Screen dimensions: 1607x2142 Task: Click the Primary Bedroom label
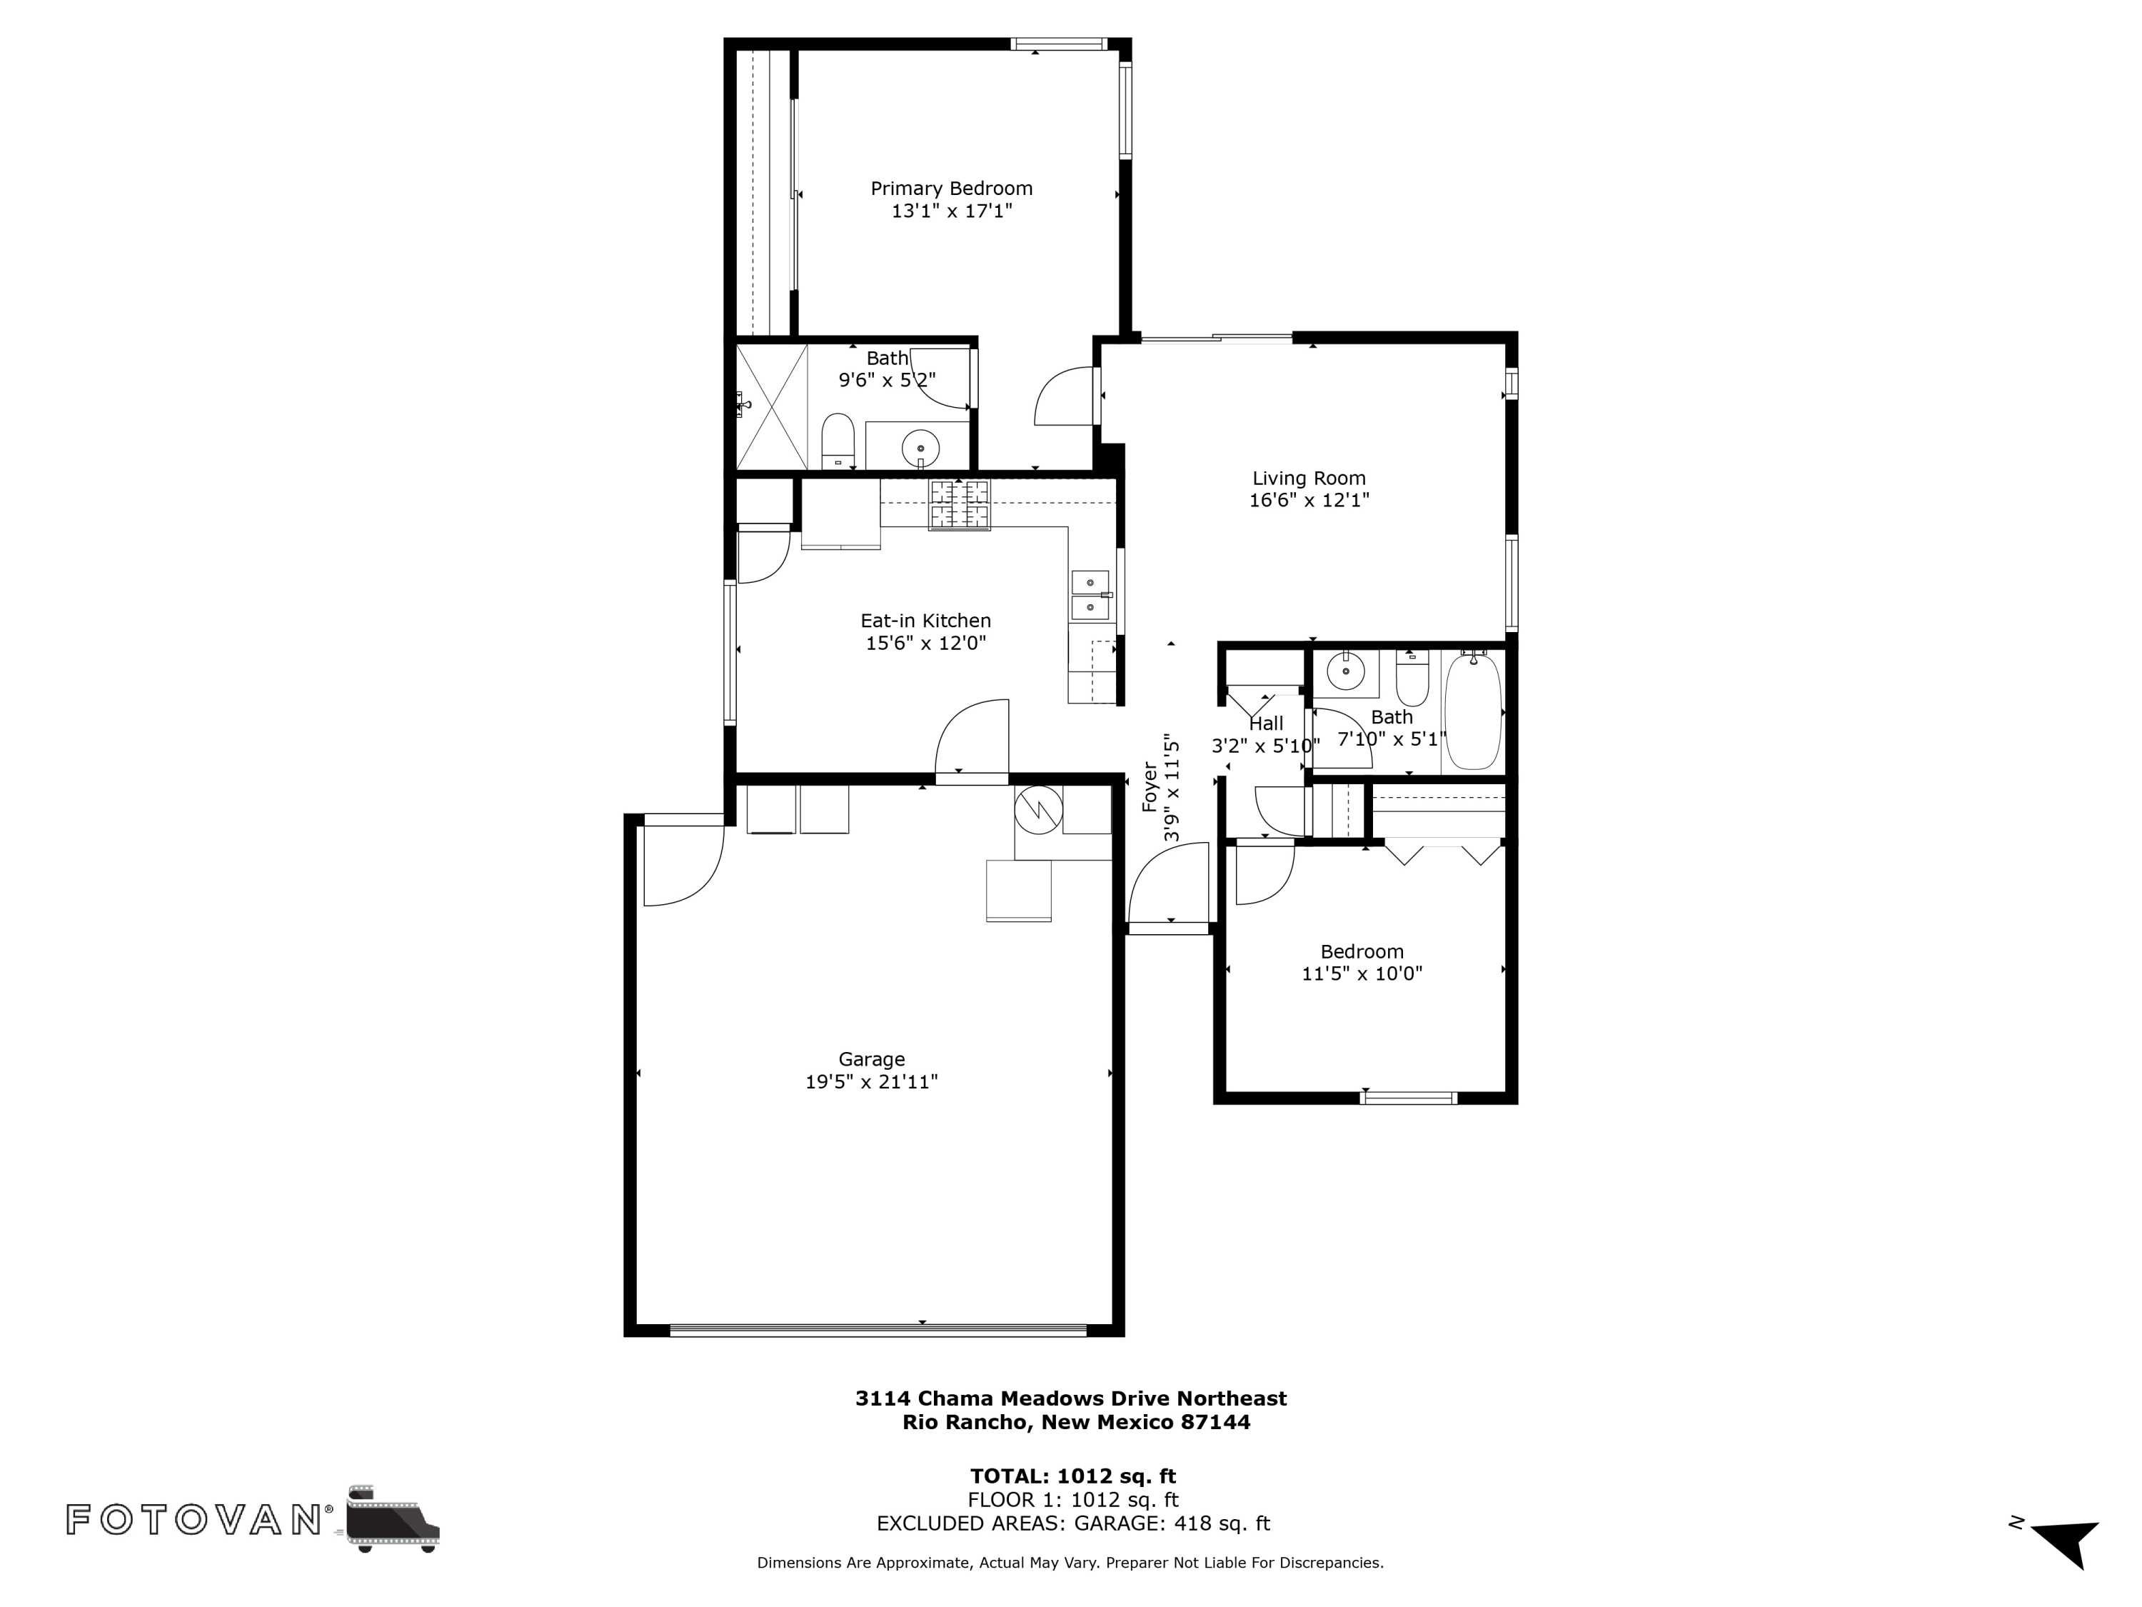coord(951,189)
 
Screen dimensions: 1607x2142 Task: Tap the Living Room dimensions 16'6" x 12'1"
coord(1309,500)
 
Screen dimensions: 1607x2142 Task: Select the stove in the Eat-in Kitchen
coord(960,506)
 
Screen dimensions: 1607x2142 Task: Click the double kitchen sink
coord(1090,595)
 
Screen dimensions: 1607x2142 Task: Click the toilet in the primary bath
coord(837,441)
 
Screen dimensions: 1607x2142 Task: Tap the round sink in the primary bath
coord(920,448)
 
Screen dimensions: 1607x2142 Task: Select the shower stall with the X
coord(772,406)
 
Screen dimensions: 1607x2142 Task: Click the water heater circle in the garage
coord(1038,810)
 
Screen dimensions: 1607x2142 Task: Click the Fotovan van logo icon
coord(391,1518)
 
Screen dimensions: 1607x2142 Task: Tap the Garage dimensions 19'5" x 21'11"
coord(872,1082)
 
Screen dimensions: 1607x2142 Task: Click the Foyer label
coord(1150,786)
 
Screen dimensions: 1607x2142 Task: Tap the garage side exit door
coord(683,862)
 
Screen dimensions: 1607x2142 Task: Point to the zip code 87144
coord(1215,1422)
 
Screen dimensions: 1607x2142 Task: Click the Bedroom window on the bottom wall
coord(1408,1098)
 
